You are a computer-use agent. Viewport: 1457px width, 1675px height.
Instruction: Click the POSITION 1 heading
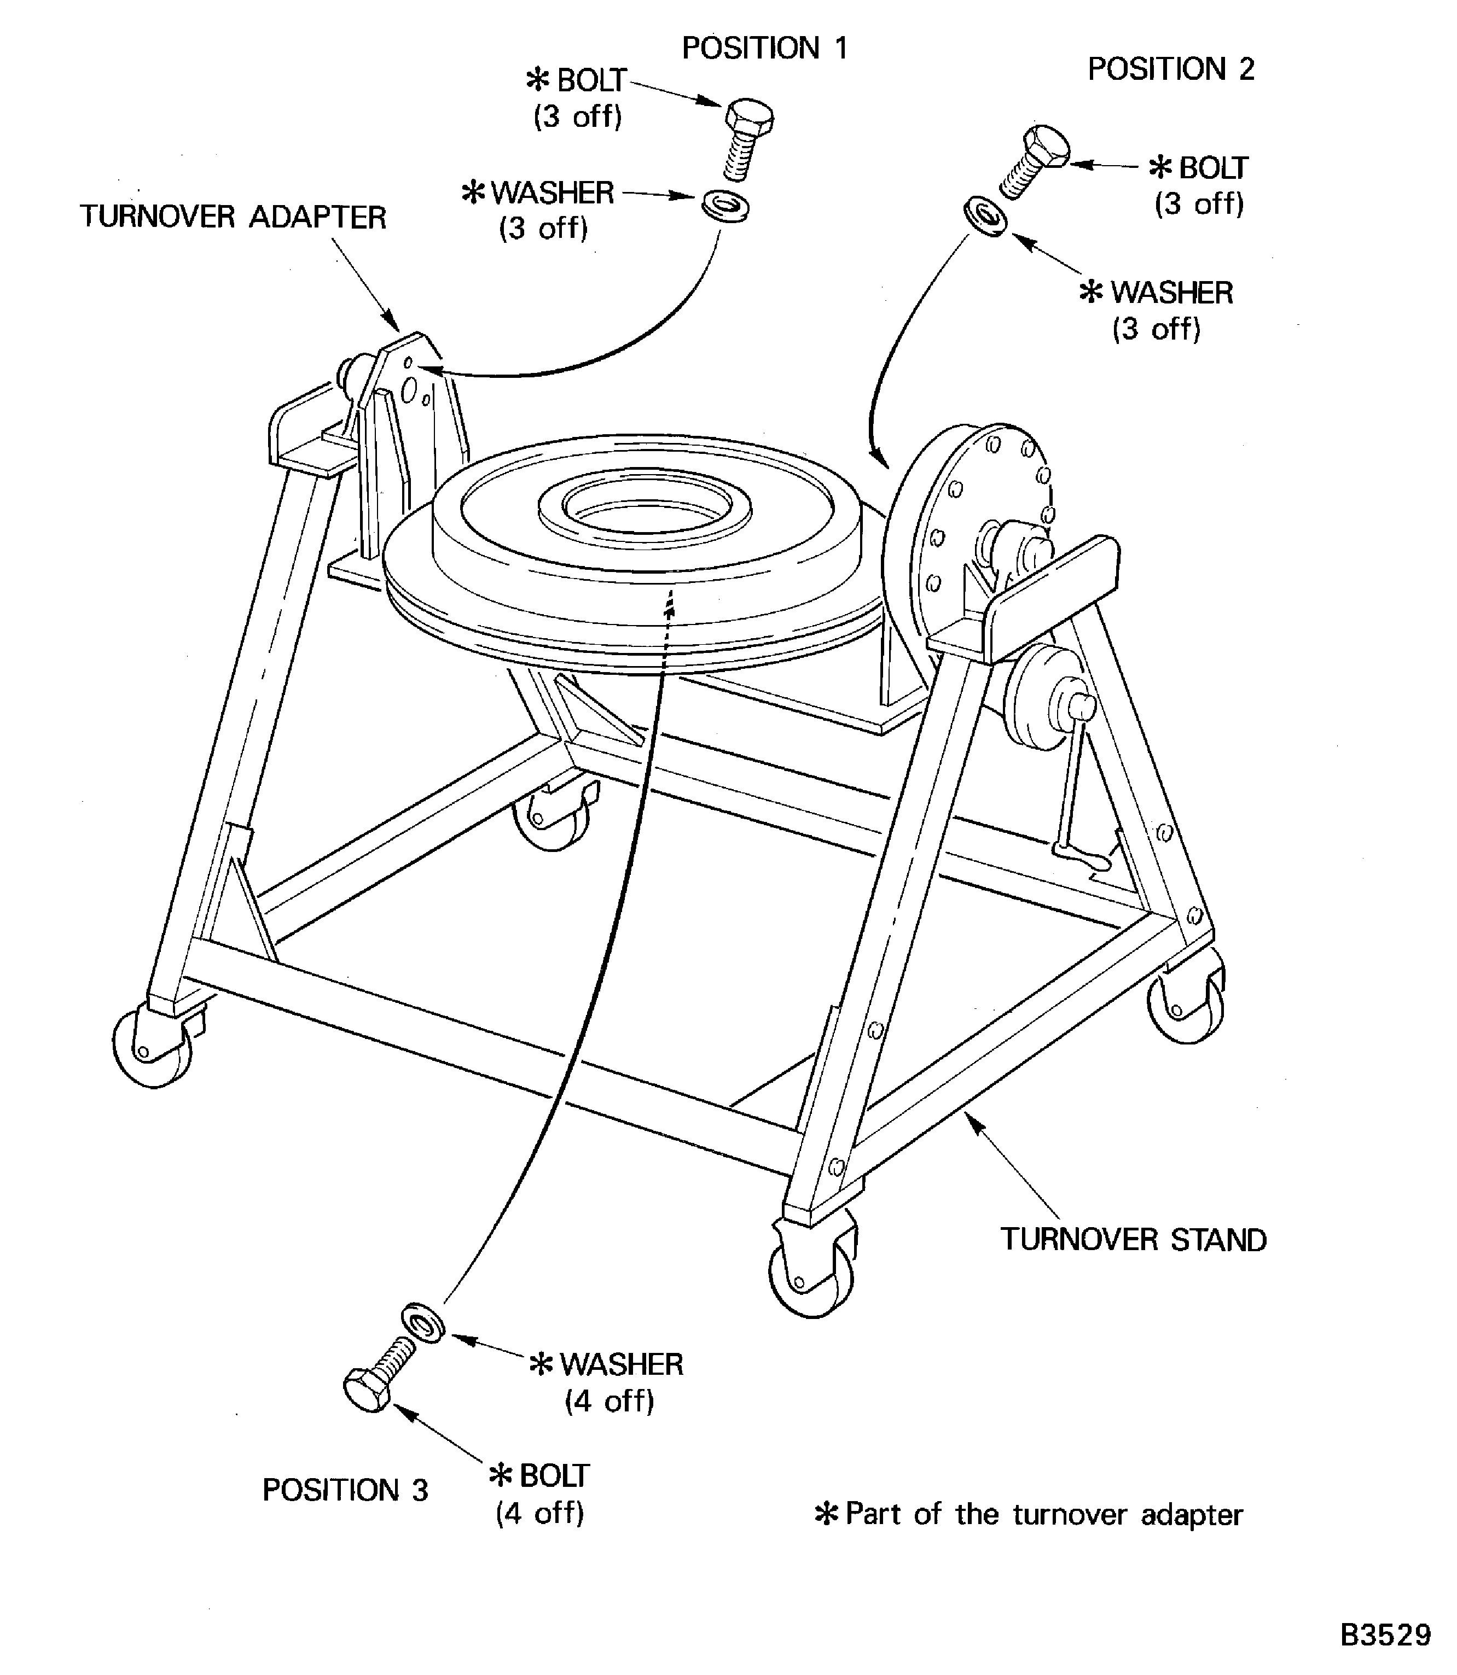pos(764,49)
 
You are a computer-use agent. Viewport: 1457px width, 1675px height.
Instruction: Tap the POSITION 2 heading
pos(1171,69)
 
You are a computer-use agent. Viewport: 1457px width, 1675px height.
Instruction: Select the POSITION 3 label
pos(345,1490)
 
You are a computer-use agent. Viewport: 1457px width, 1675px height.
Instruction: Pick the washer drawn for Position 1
pos(725,206)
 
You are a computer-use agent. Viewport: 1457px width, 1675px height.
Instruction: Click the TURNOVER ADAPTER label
pos(233,218)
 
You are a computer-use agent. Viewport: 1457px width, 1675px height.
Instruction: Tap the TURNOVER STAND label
pos(1133,1239)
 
